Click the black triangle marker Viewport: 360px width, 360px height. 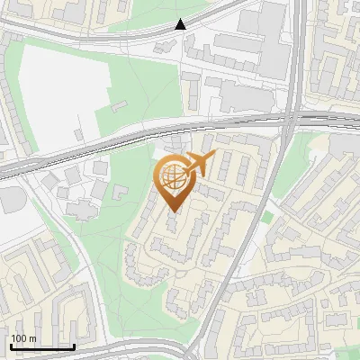[x=181, y=24]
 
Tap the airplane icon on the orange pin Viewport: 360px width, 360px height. [x=200, y=165]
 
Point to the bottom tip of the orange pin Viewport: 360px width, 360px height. [x=173, y=212]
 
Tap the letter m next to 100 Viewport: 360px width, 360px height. [x=31, y=338]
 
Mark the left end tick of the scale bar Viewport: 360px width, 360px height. [x=11, y=346]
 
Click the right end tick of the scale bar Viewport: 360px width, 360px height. [x=74, y=346]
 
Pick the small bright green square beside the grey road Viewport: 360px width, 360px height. [x=266, y=216]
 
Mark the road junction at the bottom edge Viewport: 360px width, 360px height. [x=193, y=353]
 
